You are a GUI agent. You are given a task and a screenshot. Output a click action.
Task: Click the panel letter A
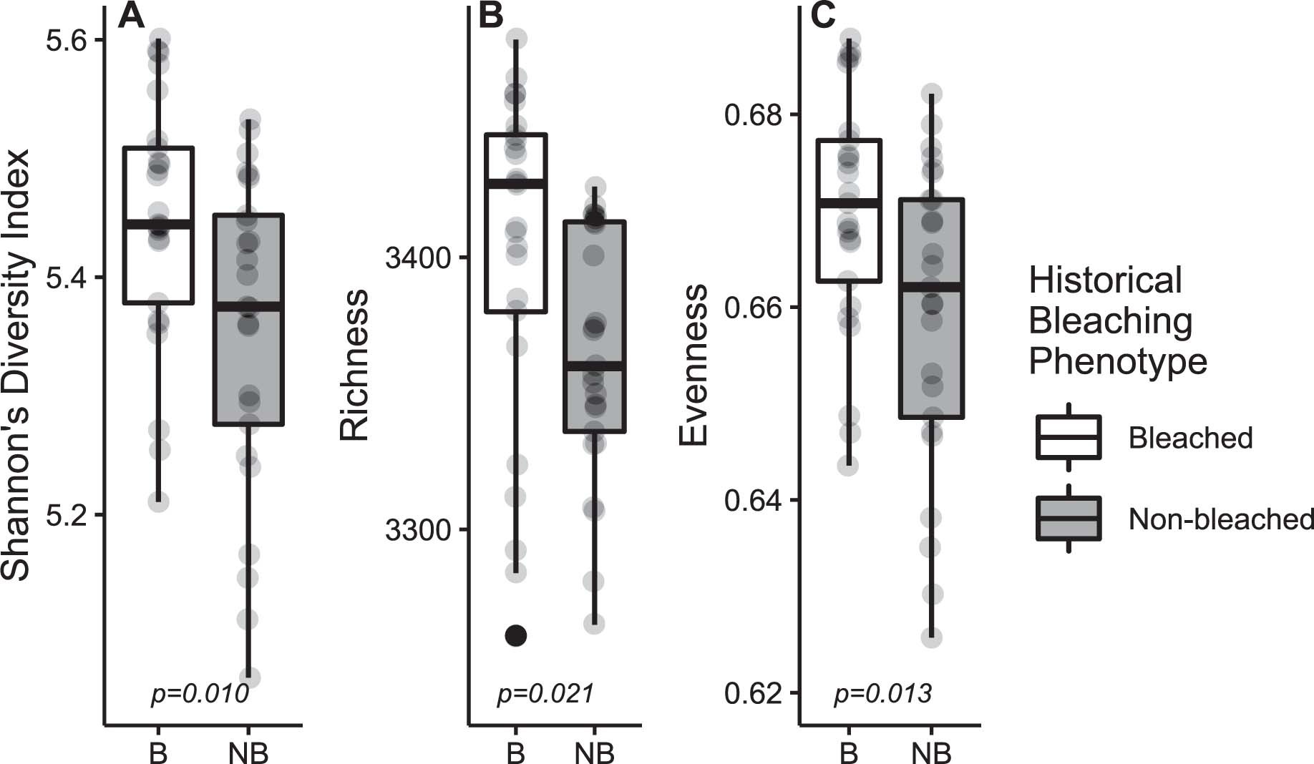[132, 15]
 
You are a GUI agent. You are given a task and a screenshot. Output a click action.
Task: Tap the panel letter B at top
[491, 15]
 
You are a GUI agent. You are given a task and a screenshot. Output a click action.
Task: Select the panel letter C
[823, 15]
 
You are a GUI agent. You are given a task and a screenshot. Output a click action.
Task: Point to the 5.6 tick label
[67, 41]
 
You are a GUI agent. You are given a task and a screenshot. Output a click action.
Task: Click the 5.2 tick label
[67, 515]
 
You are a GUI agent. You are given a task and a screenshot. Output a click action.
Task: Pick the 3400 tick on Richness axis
[419, 258]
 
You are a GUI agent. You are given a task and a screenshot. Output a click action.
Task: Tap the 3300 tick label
[419, 530]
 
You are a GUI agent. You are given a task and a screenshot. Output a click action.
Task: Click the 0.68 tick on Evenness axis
[754, 115]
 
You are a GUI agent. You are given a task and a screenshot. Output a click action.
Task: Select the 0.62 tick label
[754, 693]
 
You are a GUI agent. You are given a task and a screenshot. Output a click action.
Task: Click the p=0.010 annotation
[200, 693]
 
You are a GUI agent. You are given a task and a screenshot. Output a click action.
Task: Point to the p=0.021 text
[545, 693]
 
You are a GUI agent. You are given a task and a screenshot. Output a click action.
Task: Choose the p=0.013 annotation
[882, 693]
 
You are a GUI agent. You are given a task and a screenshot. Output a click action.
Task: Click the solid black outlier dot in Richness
[516, 635]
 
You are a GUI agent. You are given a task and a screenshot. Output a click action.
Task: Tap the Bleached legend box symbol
[1069, 437]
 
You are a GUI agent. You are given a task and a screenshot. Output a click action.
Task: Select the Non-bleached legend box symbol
[1069, 518]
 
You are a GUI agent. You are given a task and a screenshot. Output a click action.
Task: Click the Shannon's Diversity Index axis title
[16, 365]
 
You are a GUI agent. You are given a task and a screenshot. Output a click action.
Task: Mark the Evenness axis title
[693, 365]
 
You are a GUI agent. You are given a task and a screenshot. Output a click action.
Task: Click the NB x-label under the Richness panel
[594, 753]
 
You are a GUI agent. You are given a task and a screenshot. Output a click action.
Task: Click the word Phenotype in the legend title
[1117, 361]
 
